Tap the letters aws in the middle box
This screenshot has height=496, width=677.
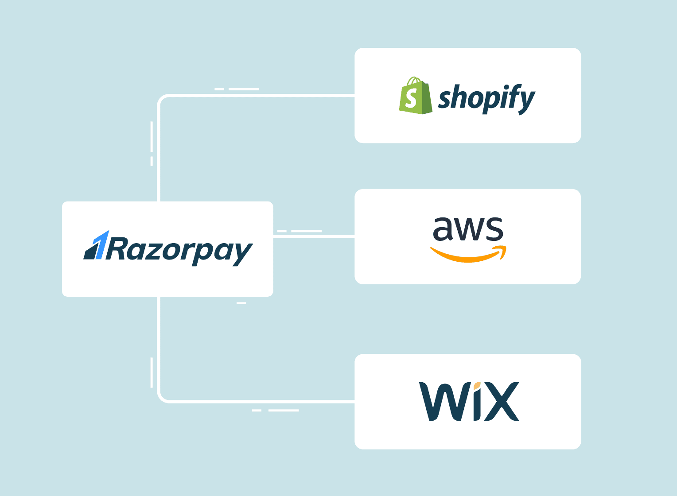468,229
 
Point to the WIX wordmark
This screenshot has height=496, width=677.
468,401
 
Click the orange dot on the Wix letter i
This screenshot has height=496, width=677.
477,385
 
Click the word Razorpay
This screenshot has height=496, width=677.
179,251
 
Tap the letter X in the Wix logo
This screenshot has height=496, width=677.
502,401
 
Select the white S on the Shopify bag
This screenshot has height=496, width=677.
412,98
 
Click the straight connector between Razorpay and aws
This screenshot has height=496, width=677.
314,237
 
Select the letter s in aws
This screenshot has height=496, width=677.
494,229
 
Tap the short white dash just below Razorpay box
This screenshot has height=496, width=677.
241,303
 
